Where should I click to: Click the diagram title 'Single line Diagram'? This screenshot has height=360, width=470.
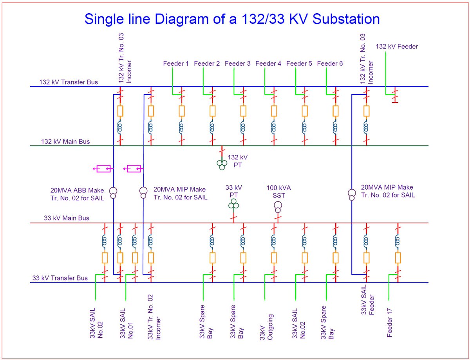(x=147, y=19)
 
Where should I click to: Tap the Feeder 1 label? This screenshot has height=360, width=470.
(x=175, y=63)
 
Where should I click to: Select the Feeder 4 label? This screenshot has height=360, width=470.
(x=268, y=63)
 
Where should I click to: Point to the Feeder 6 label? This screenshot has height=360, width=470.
(x=330, y=63)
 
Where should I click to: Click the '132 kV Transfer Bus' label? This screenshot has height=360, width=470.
(x=69, y=82)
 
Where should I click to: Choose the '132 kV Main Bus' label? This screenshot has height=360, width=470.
(x=65, y=141)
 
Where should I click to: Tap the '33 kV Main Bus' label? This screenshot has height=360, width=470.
(x=67, y=218)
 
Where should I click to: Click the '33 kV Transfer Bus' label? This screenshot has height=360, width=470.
(x=60, y=278)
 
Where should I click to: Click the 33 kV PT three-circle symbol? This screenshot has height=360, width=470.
(x=233, y=204)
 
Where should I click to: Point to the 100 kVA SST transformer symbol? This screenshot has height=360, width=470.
(x=278, y=207)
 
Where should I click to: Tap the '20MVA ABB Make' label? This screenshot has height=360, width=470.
(x=77, y=190)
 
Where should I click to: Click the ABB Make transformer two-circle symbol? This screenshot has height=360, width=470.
(x=113, y=193)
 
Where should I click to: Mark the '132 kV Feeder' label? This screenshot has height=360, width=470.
(x=397, y=46)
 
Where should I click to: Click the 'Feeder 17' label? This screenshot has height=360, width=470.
(x=389, y=323)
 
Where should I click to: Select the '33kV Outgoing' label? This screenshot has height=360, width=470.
(x=266, y=327)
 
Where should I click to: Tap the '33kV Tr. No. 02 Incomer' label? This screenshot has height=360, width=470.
(x=154, y=317)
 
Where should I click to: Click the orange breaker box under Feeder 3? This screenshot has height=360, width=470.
(x=243, y=111)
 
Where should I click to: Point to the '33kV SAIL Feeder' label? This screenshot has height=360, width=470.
(x=367, y=300)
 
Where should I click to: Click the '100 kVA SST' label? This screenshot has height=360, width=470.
(x=278, y=192)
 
